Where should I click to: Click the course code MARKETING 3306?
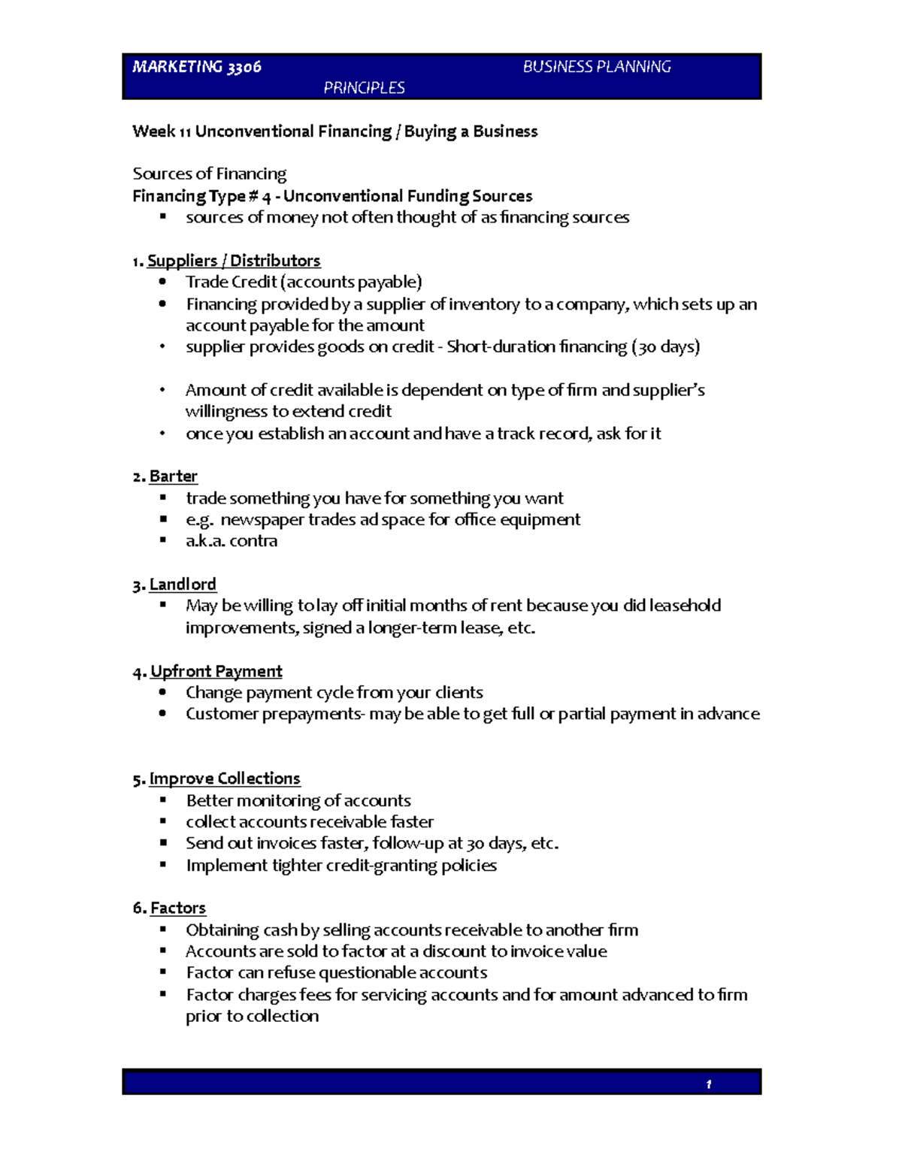pyautogui.click(x=197, y=67)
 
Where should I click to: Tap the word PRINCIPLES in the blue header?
pyautogui.click(x=364, y=88)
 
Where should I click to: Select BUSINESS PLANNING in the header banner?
pyautogui.click(x=597, y=67)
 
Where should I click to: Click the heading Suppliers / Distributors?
pyautogui.click(x=234, y=261)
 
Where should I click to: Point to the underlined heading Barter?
pyautogui.click(x=174, y=476)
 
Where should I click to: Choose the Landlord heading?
pyautogui.click(x=183, y=585)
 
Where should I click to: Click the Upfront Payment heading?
pyautogui.click(x=216, y=671)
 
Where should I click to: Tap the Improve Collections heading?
pyautogui.click(x=225, y=779)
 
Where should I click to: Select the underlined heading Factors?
pyautogui.click(x=178, y=908)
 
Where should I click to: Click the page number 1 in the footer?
pyautogui.click(x=708, y=1084)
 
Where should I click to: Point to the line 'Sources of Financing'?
pyautogui.click(x=210, y=174)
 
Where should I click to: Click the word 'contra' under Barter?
pyautogui.click(x=253, y=541)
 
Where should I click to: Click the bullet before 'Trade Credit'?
pyautogui.click(x=162, y=282)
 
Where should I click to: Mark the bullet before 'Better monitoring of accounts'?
pyautogui.click(x=162, y=800)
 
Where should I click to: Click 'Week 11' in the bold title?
pyautogui.click(x=161, y=132)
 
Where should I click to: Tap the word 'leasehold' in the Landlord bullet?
pyautogui.click(x=685, y=606)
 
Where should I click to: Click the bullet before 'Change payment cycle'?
pyautogui.click(x=162, y=692)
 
